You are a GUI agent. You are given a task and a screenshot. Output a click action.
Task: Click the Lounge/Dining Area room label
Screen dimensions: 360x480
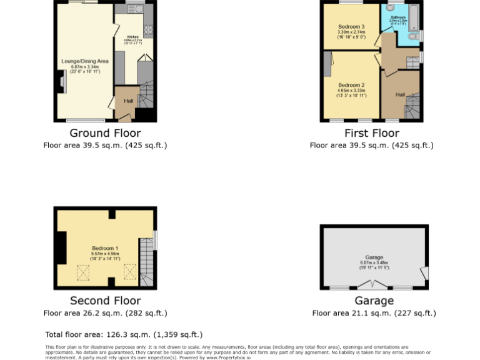(x=85, y=61)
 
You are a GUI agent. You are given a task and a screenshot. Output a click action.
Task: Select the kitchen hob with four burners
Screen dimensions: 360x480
(x=149, y=29)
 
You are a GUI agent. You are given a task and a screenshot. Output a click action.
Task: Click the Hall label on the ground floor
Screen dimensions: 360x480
(x=128, y=101)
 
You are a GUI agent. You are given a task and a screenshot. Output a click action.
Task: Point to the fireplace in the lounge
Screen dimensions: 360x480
(x=61, y=82)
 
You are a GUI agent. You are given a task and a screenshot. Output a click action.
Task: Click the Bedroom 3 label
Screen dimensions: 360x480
(x=351, y=27)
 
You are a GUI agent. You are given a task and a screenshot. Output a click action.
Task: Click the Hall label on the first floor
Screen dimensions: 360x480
(x=401, y=94)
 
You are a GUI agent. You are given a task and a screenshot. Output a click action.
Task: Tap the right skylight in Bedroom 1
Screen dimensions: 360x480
(x=129, y=271)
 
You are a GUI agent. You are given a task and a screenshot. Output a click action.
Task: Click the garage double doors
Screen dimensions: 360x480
(x=374, y=285)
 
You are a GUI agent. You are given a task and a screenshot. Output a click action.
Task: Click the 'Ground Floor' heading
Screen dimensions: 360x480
(x=105, y=133)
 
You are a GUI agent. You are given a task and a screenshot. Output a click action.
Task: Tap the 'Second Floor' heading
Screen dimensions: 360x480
(x=105, y=301)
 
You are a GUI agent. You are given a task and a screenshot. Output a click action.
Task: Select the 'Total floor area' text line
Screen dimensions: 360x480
(x=124, y=334)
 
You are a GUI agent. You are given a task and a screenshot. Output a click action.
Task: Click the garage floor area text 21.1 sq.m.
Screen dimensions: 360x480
(x=374, y=314)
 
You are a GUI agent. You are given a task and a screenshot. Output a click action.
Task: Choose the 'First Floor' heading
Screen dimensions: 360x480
(x=372, y=133)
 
